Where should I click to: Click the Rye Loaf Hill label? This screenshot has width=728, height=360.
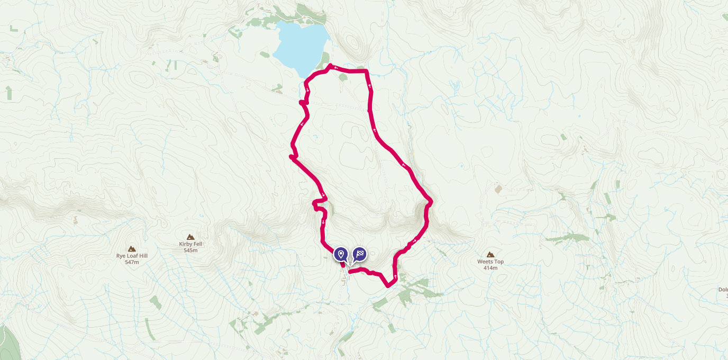pos(132,256)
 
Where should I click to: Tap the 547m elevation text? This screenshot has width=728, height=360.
pos(132,262)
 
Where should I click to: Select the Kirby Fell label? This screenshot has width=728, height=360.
pos(190,244)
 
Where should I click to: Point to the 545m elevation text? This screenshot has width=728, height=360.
pos(190,250)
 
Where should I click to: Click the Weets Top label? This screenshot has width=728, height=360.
pos(490,262)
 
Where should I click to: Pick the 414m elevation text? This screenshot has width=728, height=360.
pos(490,268)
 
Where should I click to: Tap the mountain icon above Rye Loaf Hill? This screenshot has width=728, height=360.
pos(132,248)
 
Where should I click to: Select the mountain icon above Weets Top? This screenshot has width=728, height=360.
pos(490,254)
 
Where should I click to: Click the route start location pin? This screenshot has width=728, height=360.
pos(341,255)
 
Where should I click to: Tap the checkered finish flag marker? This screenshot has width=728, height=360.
pos(360,255)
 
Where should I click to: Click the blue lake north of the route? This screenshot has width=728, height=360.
pos(300,45)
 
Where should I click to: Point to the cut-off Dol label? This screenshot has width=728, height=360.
pos(723,290)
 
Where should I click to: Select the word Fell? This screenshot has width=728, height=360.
pos(198,244)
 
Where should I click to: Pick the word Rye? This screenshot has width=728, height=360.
pos(121,256)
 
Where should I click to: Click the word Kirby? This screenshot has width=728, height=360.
pos(186,244)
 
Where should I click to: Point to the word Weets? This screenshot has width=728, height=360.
pos(485,262)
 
